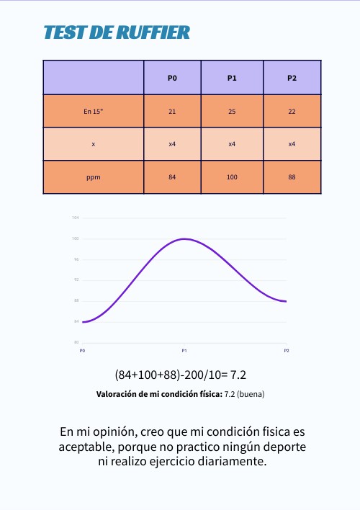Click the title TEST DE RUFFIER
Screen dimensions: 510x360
pos(117,32)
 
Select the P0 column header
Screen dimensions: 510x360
pos(172,78)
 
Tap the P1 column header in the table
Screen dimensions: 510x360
pos(232,78)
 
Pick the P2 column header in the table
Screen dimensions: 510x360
pos(292,78)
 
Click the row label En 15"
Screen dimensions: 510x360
pos(94,111)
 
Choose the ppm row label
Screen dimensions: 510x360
pos(94,176)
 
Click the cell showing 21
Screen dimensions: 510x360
pos(172,111)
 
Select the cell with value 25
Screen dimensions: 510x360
pos(232,111)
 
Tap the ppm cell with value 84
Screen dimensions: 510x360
pos(172,176)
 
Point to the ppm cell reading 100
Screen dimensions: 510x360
pos(232,176)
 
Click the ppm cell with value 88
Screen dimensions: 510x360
pos(292,176)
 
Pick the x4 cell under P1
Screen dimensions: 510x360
pos(232,144)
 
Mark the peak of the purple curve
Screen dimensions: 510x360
pos(185,238)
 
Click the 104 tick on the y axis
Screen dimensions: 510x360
pos(75,218)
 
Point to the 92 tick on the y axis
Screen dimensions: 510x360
pos(76,279)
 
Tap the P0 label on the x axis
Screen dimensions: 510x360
pos(82,350)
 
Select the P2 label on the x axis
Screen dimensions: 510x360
pos(287,350)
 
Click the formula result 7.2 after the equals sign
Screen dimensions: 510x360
pos(238,375)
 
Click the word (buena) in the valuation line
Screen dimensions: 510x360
pos(252,395)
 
